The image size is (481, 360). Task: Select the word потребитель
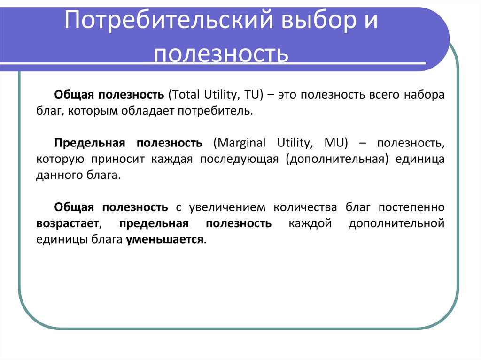[221, 112]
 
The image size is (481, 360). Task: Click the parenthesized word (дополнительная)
[337, 159]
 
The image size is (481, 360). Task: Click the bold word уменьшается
[165, 240]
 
